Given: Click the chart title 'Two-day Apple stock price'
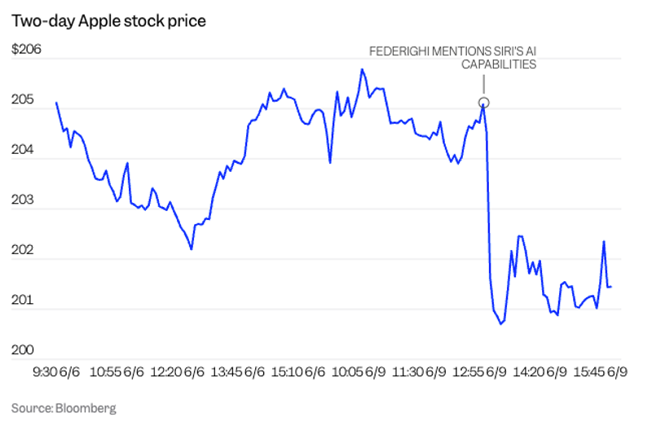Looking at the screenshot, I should point(108,20).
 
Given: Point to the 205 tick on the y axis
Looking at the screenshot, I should point(23,100).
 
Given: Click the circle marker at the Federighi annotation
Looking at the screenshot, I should point(483,103).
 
